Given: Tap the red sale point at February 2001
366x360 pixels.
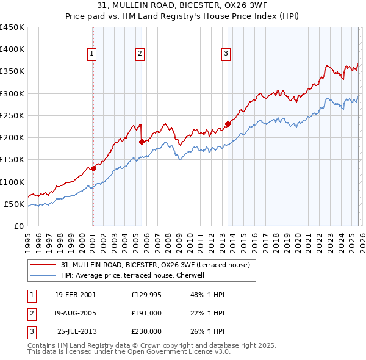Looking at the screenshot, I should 93,168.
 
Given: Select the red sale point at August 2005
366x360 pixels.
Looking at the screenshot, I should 142,142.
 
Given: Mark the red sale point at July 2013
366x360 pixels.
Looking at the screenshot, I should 228,124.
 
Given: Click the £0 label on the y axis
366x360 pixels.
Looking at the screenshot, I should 20,226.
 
